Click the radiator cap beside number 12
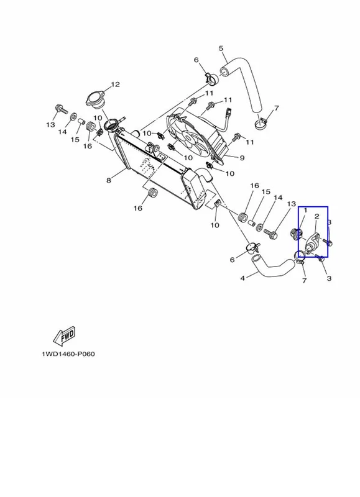(95, 99)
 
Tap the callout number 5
(221, 48)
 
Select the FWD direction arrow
(65, 335)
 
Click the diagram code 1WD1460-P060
(68, 354)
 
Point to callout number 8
(109, 180)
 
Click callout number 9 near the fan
(242, 158)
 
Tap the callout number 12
(115, 84)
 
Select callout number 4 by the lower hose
(242, 278)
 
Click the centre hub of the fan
(189, 138)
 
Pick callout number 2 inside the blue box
(316, 216)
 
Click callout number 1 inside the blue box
(305, 211)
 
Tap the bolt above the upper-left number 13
(62, 110)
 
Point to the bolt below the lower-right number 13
(270, 234)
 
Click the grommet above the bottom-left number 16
(152, 193)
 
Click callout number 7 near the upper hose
(276, 108)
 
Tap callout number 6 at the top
(196, 60)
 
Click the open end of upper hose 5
(225, 71)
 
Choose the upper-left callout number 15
(75, 139)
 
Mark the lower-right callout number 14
(278, 198)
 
